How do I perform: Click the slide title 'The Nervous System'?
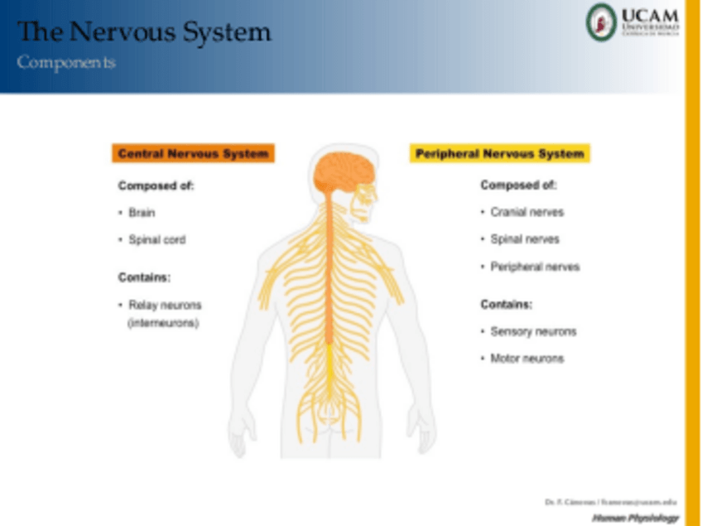144,32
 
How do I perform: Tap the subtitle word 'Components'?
66,63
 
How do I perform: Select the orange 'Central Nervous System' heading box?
193,154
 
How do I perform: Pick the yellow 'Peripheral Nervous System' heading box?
499,154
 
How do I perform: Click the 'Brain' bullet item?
142,213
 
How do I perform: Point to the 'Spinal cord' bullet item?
156,240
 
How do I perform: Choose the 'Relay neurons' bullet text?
165,306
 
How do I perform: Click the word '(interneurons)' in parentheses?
163,323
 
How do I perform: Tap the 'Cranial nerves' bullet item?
526,212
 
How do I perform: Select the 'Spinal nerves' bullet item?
525,239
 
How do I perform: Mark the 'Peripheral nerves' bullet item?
535,267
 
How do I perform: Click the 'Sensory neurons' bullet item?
533,331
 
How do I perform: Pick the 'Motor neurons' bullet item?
526,359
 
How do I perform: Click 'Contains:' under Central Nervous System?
144,277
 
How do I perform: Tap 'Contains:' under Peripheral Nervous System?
507,304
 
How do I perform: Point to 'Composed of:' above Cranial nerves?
519,186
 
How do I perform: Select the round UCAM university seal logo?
602,22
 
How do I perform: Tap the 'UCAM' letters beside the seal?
650,16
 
